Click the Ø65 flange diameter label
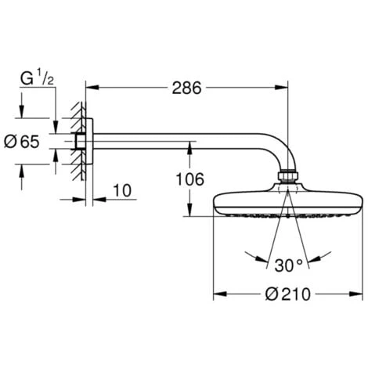tap(24, 142)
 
